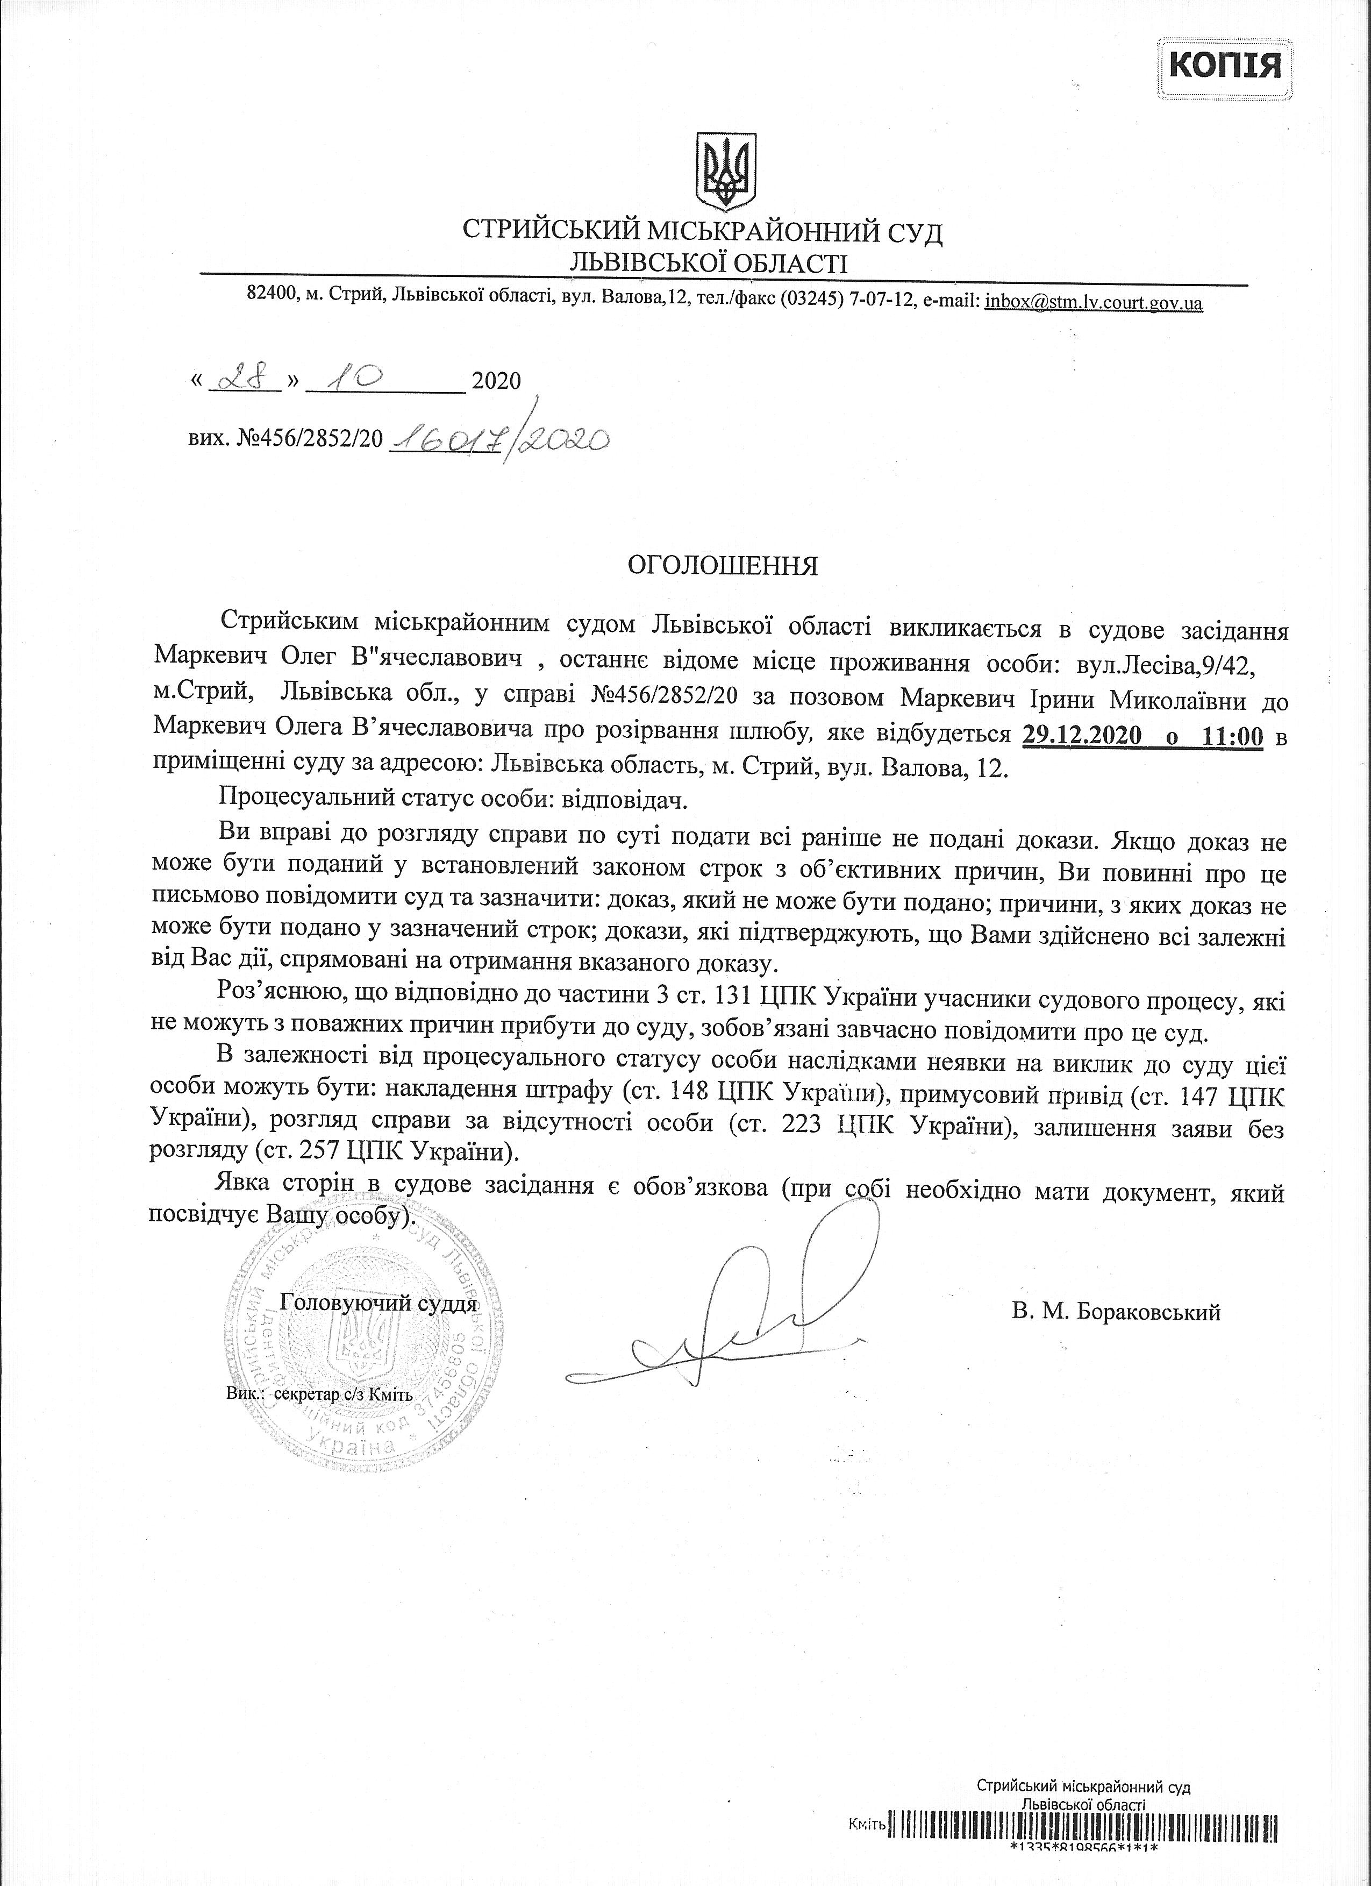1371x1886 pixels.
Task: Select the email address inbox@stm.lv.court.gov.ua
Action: tap(1094, 303)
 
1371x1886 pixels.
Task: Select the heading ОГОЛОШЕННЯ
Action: tap(722, 566)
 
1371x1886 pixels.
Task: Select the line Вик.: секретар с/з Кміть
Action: tap(319, 1394)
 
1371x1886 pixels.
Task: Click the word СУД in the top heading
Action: tap(910, 232)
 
